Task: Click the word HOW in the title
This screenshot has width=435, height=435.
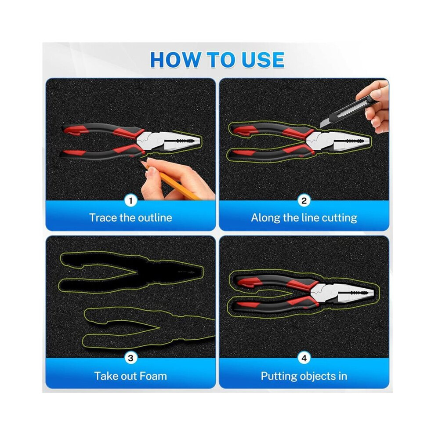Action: point(176,60)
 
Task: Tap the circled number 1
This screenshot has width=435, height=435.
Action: point(130,200)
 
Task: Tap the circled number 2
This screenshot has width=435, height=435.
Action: point(304,200)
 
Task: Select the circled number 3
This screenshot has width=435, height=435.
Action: point(130,358)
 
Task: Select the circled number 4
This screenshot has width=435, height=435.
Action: point(304,358)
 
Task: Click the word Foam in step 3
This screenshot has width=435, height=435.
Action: point(153,376)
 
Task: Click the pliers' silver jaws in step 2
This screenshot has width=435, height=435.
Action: point(338,141)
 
